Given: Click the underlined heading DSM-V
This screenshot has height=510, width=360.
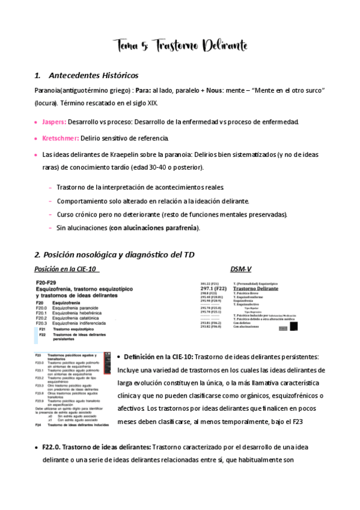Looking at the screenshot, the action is [x=242, y=269].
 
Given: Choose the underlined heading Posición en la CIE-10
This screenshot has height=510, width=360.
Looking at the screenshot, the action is [x=66, y=269].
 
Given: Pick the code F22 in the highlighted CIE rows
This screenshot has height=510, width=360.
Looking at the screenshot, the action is [x=43, y=335].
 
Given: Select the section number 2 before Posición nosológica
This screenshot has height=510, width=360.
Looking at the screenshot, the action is [x=37, y=255].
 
